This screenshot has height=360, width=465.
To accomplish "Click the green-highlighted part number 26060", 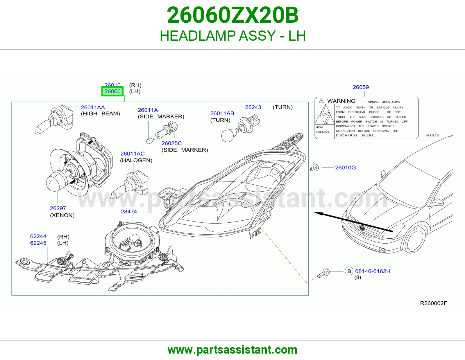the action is (x=112, y=91).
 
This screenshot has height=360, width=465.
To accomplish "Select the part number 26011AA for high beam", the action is (x=93, y=107).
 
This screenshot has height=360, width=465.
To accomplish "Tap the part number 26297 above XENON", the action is (x=58, y=208).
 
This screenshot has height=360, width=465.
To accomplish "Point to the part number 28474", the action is (x=129, y=211).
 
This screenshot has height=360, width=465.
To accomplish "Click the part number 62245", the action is (x=38, y=243).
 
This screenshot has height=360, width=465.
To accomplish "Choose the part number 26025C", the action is (x=172, y=143).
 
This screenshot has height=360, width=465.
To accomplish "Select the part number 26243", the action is (x=253, y=107).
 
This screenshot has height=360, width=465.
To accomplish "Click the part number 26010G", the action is (x=345, y=168).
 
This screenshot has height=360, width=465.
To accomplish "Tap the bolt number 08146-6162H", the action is (x=373, y=271).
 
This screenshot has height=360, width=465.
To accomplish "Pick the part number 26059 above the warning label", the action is (x=361, y=87).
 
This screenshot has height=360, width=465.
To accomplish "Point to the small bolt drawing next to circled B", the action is (x=323, y=273).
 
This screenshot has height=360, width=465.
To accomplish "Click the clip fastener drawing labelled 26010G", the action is (x=314, y=168).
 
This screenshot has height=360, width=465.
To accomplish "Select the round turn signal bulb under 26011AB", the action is (x=228, y=135).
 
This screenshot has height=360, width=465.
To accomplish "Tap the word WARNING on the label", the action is (x=341, y=101).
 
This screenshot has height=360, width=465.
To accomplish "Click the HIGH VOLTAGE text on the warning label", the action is (x=323, y=129).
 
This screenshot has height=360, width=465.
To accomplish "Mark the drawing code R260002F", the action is (x=434, y=303).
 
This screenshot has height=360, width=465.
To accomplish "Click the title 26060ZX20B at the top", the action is (x=233, y=15).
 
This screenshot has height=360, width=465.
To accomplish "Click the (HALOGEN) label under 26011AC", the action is (x=136, y=160).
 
